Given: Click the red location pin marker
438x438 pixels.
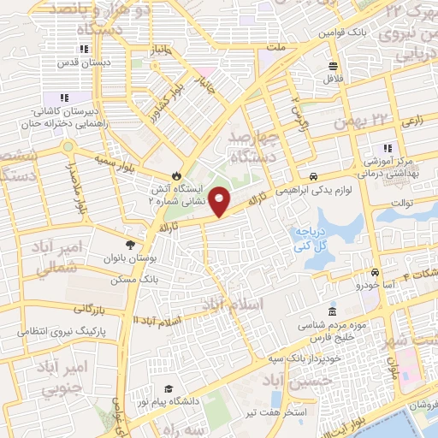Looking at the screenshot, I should pos(220,202).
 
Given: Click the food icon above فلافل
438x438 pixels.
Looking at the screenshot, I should pos(333,66).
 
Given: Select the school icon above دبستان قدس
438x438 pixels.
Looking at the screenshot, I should pos(83,49).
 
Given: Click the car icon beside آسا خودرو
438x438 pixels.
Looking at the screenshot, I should pos(375,272).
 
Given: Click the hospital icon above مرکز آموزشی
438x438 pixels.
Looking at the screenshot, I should pos(388,147).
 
